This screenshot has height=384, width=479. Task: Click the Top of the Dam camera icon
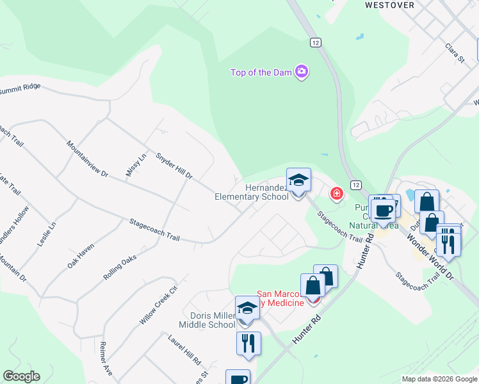pos(302,72)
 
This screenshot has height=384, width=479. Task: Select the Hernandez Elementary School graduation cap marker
pos(298,180)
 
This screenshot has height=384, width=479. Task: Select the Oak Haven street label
pos(81,255)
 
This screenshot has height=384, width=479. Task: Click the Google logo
pos(21,376)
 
